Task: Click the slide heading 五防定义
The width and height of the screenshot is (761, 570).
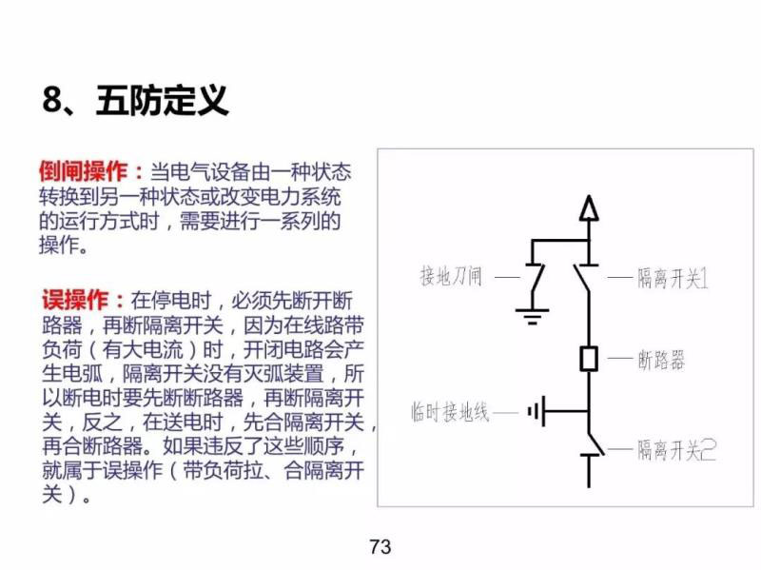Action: coord(162,101)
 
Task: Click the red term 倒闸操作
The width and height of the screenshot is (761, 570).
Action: coord(84,171)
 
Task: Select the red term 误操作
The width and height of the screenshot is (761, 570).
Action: coord(75,300)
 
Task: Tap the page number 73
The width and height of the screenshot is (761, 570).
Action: coord(380,547)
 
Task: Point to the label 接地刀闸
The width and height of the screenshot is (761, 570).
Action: coord(451,277)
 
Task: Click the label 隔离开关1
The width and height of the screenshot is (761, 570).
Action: coord(673,278)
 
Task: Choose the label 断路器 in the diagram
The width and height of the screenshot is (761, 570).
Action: coord(661,361)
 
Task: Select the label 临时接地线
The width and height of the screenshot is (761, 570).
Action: coord(450,412)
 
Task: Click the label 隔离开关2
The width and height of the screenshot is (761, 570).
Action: coord(676,449)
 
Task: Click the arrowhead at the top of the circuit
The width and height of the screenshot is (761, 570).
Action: coord(589,207)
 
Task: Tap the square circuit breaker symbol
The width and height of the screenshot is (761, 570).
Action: coord(589,360)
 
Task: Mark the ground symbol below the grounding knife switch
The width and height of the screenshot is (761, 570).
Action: coord(533,316)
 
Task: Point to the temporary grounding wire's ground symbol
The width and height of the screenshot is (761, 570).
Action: coord(537,412)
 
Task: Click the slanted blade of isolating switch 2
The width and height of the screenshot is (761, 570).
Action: coord(596,442)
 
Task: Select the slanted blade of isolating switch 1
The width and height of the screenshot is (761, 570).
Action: coord(581,279)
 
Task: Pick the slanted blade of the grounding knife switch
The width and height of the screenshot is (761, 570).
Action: coord(537,279)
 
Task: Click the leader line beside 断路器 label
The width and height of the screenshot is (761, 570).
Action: coord(620,360)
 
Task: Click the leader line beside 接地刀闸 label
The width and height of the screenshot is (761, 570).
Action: coord(507,278)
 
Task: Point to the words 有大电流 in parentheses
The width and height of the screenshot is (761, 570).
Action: coord(143,349)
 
